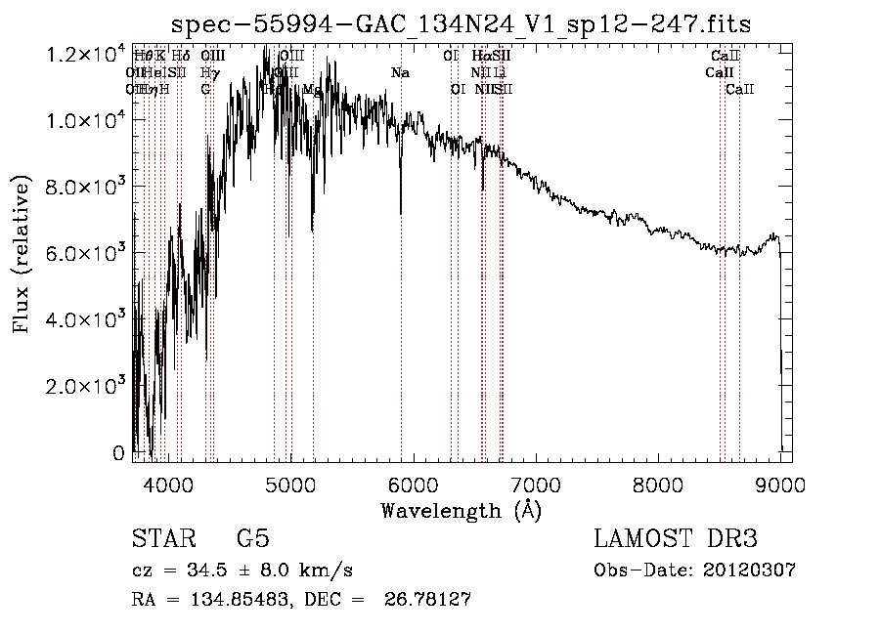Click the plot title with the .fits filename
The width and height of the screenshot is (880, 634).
461,23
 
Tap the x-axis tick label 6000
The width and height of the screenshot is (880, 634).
413,484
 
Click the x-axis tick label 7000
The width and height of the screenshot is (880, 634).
535,484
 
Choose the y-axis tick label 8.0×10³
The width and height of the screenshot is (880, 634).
88,187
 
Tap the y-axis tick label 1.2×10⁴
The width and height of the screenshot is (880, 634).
88,55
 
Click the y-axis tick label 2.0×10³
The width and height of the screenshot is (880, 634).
88,386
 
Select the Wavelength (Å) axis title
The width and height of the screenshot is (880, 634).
461,510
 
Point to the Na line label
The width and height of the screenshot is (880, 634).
400,73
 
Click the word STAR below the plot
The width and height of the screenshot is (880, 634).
163,538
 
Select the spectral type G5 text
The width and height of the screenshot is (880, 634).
252,538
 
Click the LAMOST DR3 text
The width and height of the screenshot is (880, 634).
675,538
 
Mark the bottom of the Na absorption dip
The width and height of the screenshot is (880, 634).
400,211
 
